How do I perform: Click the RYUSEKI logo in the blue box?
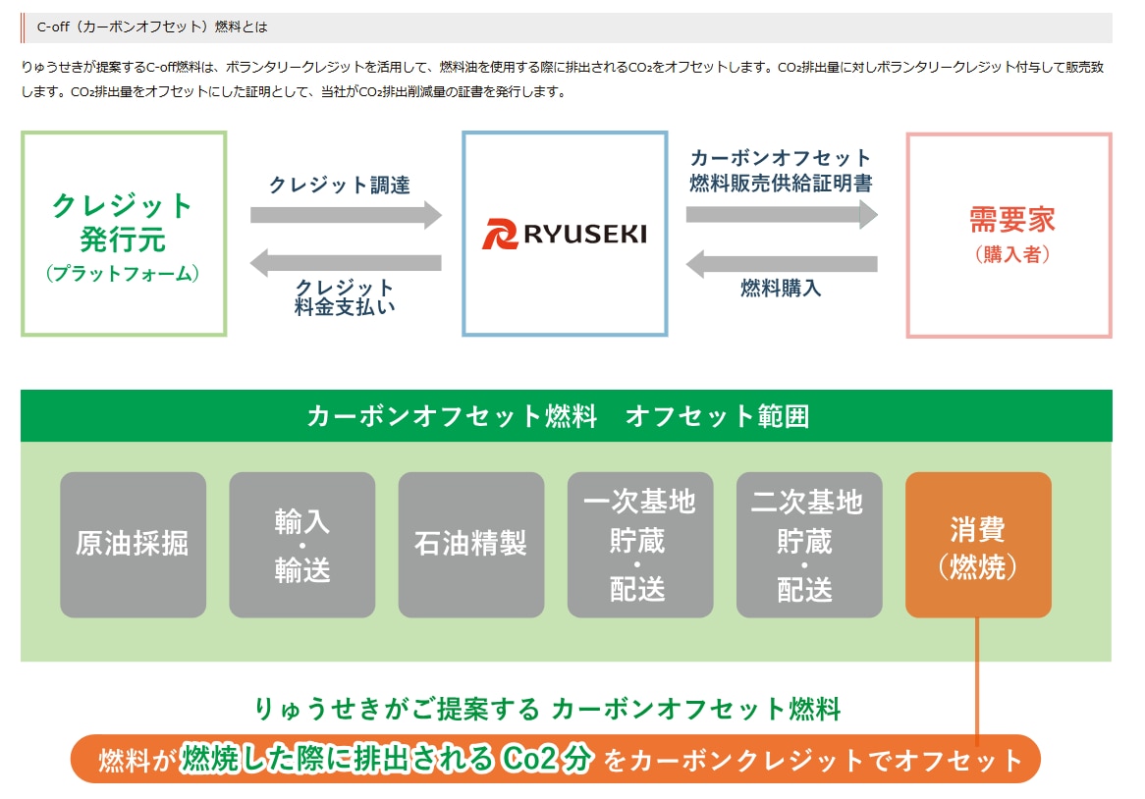565,235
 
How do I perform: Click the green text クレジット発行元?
123,222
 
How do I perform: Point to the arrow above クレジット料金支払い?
346,262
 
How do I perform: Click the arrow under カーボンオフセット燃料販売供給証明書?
782,214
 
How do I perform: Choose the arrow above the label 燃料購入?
782,263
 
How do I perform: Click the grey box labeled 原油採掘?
133,545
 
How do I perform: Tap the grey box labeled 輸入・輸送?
302,545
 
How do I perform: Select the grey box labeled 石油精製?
471,545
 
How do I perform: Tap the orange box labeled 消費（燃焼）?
978,545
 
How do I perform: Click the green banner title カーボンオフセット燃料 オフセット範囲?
558,416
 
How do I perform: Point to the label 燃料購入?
781,289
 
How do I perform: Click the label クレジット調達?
339,185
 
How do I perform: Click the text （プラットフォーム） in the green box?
123,274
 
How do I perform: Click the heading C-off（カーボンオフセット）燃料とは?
152,27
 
